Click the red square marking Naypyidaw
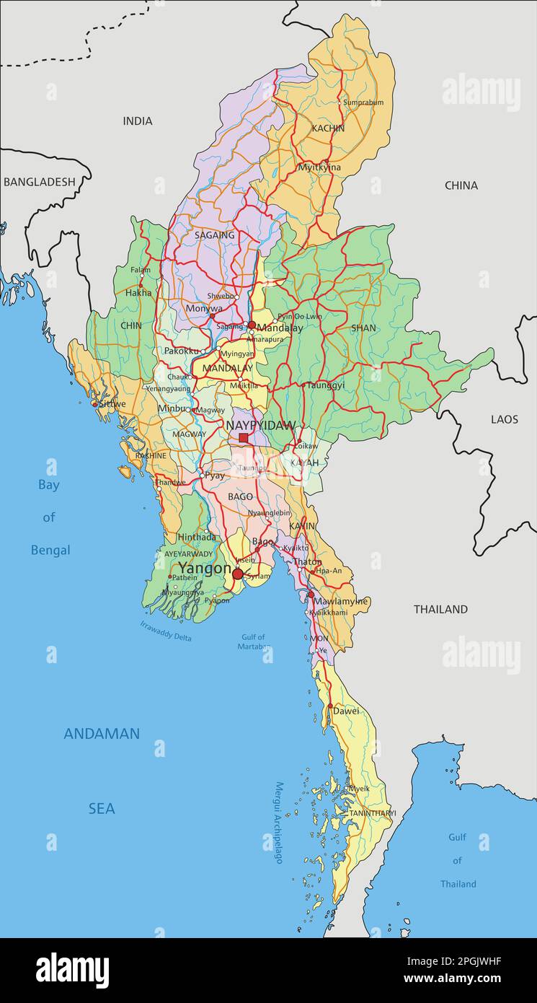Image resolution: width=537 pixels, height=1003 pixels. [x=244, y=437]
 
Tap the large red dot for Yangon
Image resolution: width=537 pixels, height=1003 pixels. [x=238, y=574]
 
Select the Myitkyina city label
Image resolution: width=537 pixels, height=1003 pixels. [x=319, y=167]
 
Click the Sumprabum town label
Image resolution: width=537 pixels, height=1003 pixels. [x=363, y=102]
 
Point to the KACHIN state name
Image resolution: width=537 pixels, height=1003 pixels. [x=328, y=128]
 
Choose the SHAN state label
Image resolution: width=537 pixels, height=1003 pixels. [x=363, y=328]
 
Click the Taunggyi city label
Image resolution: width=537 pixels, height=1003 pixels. [x=326, y=385]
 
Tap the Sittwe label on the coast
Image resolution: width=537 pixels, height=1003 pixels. [x=112, y=404]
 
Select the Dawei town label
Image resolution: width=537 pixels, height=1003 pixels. [x=346, y=711]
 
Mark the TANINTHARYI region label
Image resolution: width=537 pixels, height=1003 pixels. [x=373, y=813]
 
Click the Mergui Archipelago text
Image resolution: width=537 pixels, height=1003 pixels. [x=279, y=823]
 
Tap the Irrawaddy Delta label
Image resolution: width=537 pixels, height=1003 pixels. [x=166, y=631]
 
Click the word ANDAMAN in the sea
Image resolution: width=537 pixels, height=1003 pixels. [x=102, y=734]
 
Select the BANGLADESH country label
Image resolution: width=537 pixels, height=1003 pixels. [x=40, y=182]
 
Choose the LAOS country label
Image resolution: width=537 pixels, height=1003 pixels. [x=505, y=419]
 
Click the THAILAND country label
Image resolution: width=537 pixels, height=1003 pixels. [x=440, y=609]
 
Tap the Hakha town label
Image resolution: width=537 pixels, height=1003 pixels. [x=139, y=293]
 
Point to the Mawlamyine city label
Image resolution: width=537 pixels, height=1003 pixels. [x=340, y=601]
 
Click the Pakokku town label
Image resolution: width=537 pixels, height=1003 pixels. [x=181, y=351]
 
